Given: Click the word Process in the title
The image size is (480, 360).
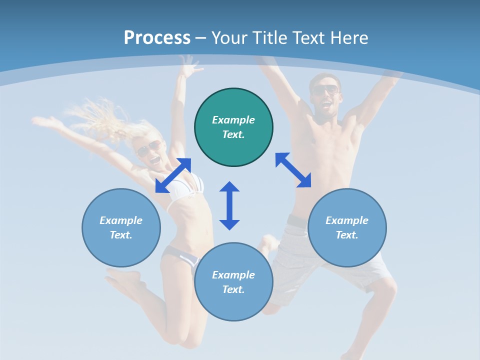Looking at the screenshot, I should pyautogui.click(x=157, y=38).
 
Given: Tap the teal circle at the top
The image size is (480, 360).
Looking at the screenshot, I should pyautogui.click(x=233, y=127).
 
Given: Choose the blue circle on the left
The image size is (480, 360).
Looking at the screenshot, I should pyautogui.click(x=121, y=227).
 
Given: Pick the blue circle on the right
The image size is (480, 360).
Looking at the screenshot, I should pyautogui.click(x=347, y=227).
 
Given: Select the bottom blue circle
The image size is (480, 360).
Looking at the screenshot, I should pyautogui.click(x=233, y=282).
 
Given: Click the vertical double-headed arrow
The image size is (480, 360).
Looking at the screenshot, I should pyautogui.click(x=229, y=205).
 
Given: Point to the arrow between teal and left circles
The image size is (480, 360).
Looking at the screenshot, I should pyautogui.click(x=173, y=175).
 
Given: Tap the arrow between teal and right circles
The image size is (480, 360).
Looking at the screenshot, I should pyautogui.click(x=293, y=170).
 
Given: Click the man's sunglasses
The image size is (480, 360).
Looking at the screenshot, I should pyautogui.click(x=325, y=90).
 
